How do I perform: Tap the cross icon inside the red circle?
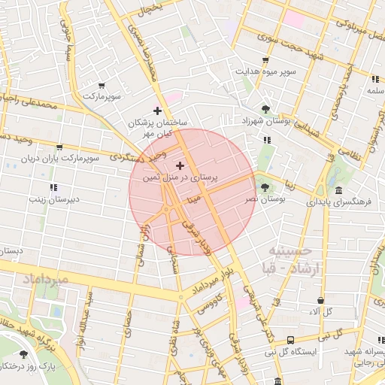pos(179,165)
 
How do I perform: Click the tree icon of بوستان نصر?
pos(264,186)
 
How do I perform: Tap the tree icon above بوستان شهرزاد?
pos(264,108)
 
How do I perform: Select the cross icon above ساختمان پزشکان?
pos(157,111)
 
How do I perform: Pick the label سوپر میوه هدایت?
pos(265,72)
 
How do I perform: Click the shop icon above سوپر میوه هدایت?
pos(265,61)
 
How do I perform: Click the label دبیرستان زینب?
pos(53,199)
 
